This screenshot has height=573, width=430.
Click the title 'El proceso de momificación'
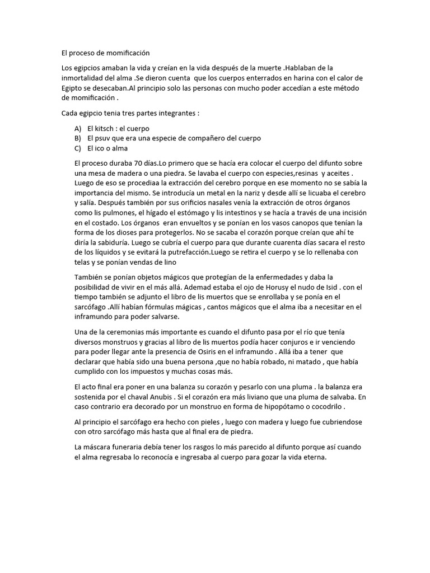point(106,53)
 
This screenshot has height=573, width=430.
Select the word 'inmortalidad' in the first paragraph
point(81,78)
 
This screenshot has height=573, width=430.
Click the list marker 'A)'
point(78,128)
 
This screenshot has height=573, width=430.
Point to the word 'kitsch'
point(104,128)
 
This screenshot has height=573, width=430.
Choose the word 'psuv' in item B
point(104,138)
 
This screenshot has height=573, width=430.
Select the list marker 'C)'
point(78,148)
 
